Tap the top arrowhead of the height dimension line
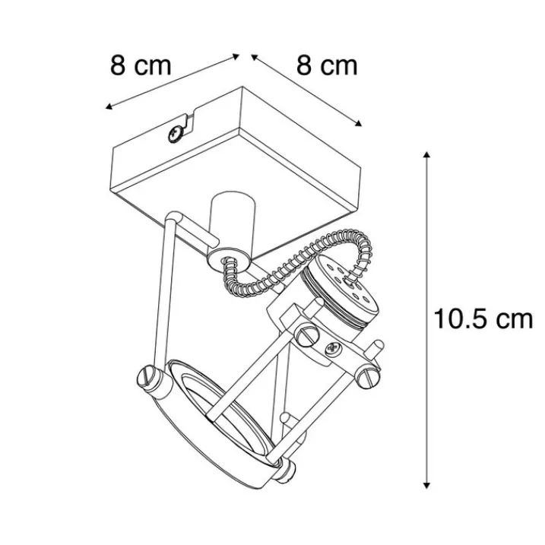click(427, 155)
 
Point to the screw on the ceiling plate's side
click(176, 133)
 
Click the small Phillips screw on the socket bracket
click(332, 350)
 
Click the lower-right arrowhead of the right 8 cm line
click(359, 123)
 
